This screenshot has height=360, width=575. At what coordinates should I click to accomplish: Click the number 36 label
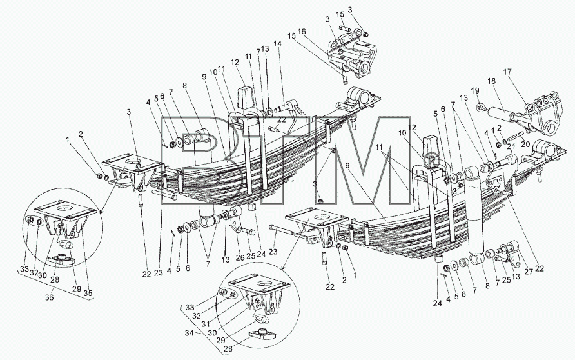coord(49,297)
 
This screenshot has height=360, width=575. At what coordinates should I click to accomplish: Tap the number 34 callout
coord(190,333)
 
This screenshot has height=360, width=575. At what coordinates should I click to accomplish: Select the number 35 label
coord(88,293)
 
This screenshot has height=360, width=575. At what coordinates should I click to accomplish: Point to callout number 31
coord(206,324)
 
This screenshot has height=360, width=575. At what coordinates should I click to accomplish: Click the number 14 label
coord(278,43)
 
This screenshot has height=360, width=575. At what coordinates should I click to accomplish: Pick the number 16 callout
coord(302,32)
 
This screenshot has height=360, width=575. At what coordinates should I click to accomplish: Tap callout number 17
coord(507,72)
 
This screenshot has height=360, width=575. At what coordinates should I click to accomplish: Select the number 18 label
coord(491,81)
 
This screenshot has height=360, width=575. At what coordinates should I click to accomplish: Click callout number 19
coord(475,90)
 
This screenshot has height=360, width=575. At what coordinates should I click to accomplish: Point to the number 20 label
coord(525,145)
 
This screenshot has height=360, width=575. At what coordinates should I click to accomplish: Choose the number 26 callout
coord(240,257)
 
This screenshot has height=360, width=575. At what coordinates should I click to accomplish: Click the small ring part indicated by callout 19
coord(480,107)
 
